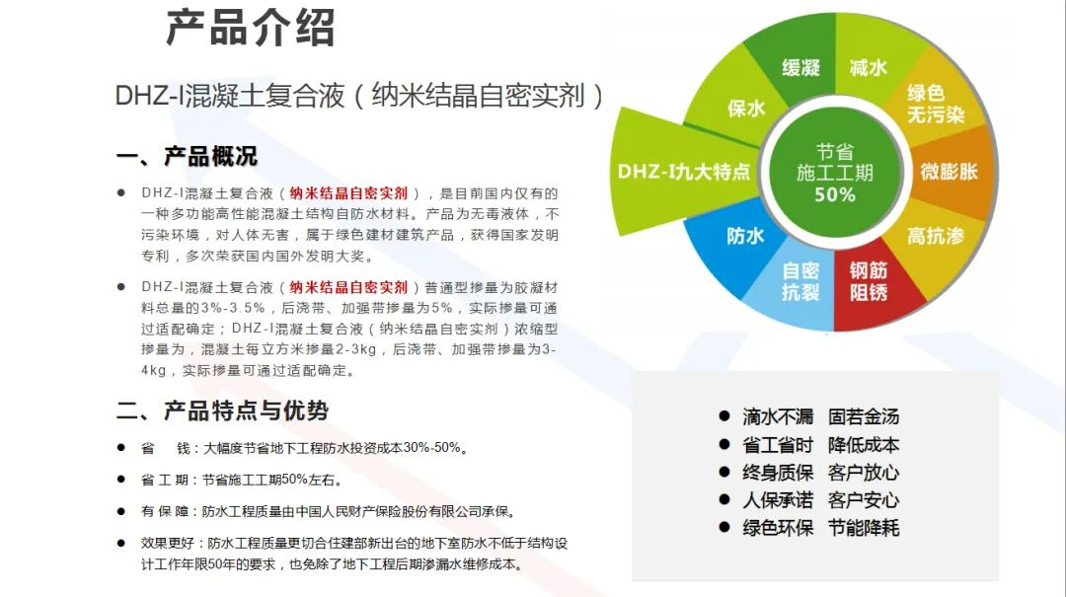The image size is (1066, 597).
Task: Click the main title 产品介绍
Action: pyautogui.click(x=250, y=28)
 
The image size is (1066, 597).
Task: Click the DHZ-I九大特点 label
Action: pyautogui.click(x=684, y=172)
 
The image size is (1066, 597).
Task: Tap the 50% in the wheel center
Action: pyautogui.click(x=835, y=195)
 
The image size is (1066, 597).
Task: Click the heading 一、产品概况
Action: pyautogui.click(x=187, y=156)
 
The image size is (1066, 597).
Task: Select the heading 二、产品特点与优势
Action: pyautogui.click(x=222, y=410)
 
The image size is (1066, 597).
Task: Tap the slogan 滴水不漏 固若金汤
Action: pyautogui.click(x=820, y=416)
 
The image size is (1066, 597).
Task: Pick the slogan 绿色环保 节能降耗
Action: pyautogui.click(x=820, y=528)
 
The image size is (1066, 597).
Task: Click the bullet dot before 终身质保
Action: pyautogui.click(x=724, y=472)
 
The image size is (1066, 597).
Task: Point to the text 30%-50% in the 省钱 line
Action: pyautogui.click(x=431, y=447)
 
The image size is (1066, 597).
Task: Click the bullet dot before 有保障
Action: pyautogui.click(x=121, y=510)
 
